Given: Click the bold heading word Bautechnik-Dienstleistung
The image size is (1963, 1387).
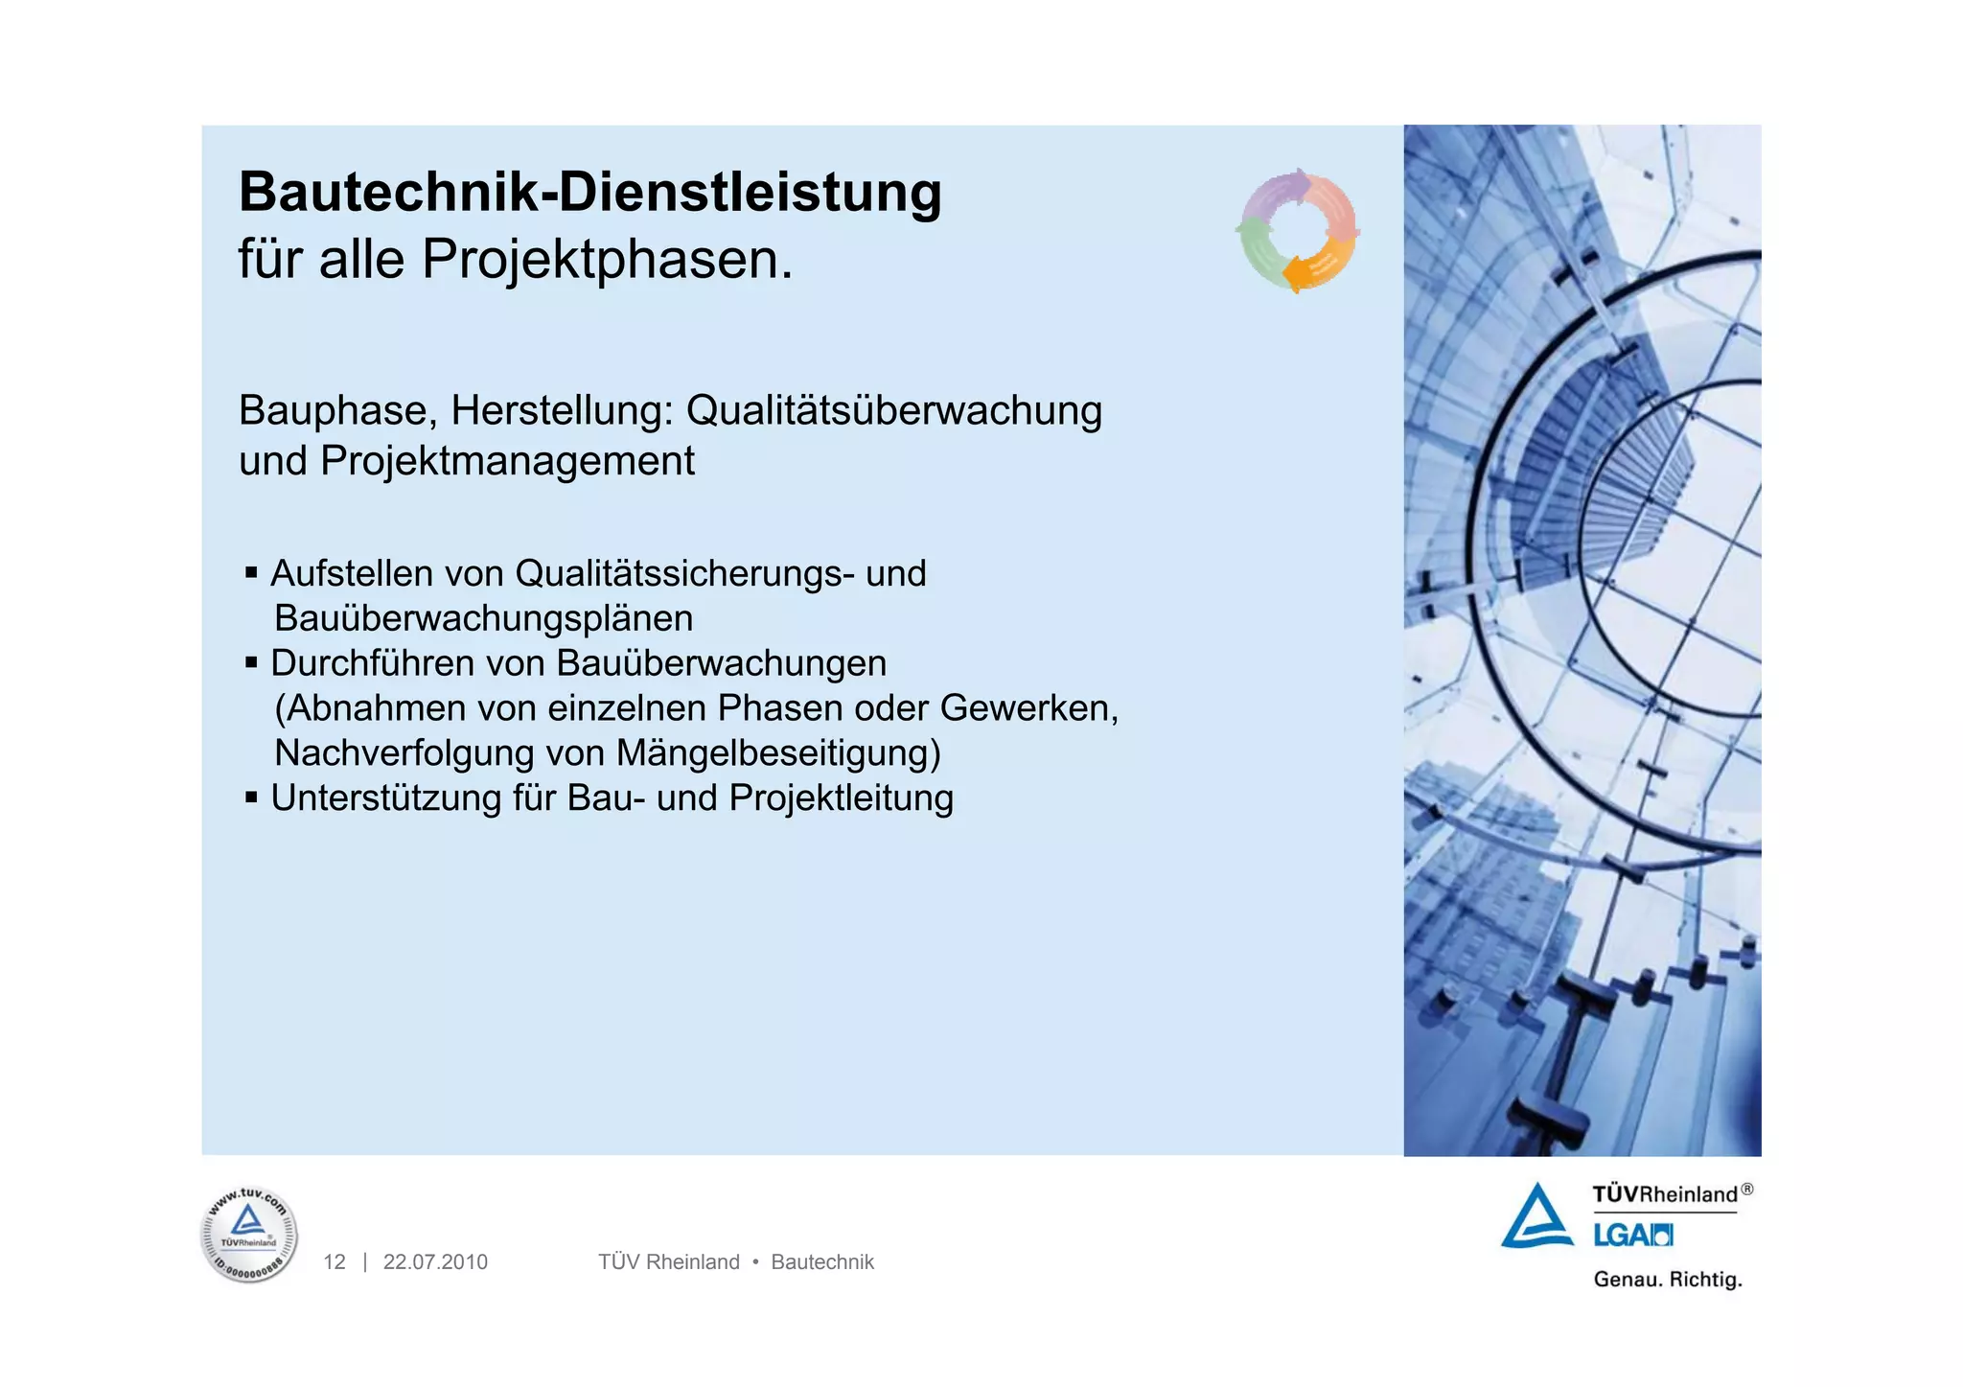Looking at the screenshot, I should click(589, 192).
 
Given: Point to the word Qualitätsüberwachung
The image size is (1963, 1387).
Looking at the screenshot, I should click(893, 410).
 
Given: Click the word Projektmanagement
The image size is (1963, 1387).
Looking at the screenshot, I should click(507, 461).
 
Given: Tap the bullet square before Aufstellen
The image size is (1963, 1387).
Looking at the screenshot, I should click(251, 573).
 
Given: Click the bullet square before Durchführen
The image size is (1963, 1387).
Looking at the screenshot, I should click(251, 662).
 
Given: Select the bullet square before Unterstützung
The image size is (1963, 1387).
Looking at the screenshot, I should click(251, 798).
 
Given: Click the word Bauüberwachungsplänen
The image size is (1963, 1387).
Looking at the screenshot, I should click(483, 618).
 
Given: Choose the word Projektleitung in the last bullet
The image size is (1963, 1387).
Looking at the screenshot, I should click(841, 798).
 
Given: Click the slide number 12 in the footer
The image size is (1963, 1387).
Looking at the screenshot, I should click(334, 1262).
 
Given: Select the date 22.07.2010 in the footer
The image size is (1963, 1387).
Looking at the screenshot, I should click(435, 1262).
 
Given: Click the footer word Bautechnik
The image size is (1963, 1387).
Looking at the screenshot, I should click(822, 1262).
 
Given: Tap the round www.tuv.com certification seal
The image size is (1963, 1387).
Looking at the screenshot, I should click(249, 1235).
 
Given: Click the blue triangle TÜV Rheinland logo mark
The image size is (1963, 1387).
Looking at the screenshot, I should click(1536, 1218).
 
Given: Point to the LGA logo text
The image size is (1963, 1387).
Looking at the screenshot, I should click(1632, 1236).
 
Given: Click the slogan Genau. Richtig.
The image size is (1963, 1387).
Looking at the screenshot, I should click(1667, 1280).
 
